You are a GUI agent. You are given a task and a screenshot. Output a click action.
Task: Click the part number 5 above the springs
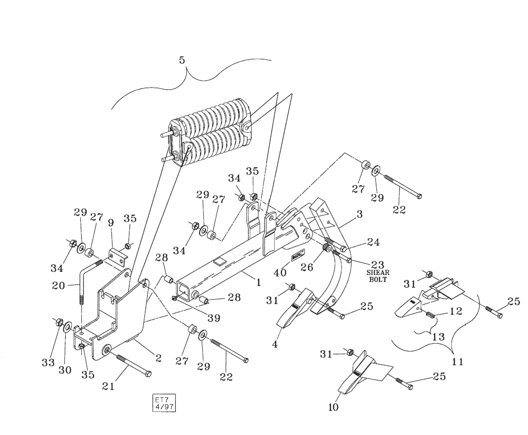click(182, 61)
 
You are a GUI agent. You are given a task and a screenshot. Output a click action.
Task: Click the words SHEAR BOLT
click(378, 276)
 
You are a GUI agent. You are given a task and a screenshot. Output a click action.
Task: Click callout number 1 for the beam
click(259, 282)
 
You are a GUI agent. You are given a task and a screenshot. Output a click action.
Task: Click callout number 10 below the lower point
click(333, 407)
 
